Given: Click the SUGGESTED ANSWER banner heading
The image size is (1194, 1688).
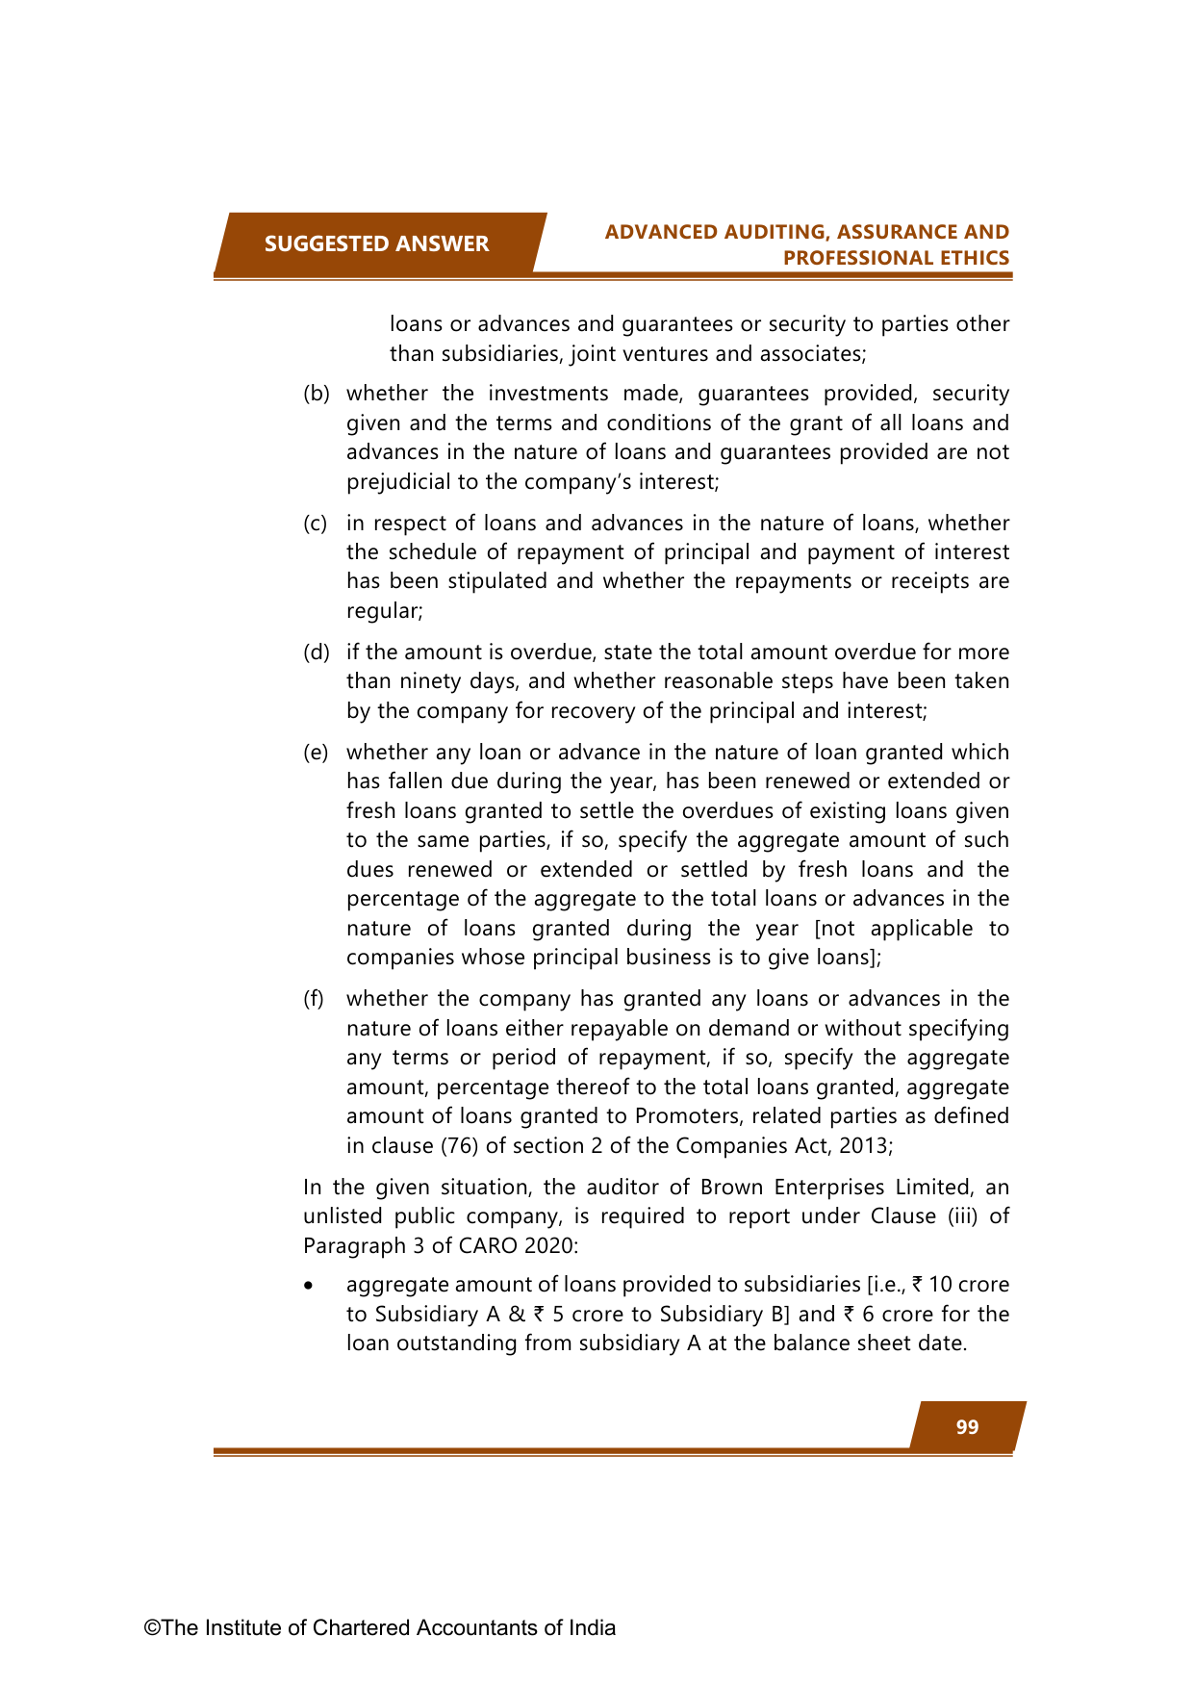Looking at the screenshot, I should (x=376, y=244).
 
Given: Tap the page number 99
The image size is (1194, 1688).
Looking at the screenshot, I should (x=967, y=1427).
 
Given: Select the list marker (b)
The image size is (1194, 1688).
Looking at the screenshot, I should (x=317, y=394).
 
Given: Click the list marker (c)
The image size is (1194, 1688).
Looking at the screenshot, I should (x=316, y=524).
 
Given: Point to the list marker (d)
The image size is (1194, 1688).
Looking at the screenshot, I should (x=317, y=652).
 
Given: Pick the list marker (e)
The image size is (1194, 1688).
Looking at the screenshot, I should (x=316, y=753).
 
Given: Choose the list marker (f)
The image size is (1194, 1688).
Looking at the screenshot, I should (x=314, y=999).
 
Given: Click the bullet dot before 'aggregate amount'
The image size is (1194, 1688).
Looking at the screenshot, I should (x=308, y=1286).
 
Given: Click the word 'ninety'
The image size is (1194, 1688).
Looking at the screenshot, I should (x=387, y=681).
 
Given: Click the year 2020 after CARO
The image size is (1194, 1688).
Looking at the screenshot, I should (x=551, y=1246).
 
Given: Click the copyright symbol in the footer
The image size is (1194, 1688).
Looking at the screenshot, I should (x=152, y=1628).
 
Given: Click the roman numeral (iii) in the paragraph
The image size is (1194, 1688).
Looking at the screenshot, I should (x=963, y=1216).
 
